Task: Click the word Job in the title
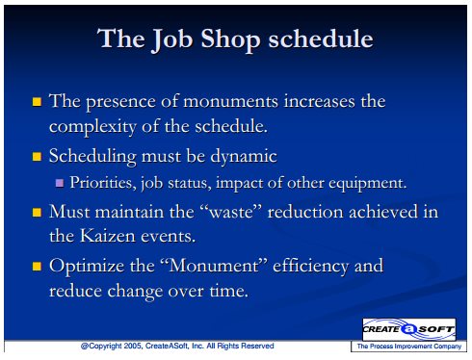(171, 39)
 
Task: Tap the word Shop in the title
(230, 39)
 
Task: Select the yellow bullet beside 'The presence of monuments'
(37, 102)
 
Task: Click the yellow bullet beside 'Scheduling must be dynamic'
(37, 157)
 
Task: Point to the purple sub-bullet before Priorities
(60, 183)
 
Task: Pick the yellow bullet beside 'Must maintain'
(37, 213)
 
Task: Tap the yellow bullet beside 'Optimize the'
(37, 267)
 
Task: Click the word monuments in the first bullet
(230, 102)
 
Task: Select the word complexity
(92, 127)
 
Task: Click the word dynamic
(244, 157)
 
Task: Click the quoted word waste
(231, 213)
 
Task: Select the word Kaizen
(108, 236)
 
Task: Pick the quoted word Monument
(214, 266)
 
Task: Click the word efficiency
(310, 267)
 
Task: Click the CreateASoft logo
(408, 329)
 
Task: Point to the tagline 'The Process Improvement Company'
(409, 347)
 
